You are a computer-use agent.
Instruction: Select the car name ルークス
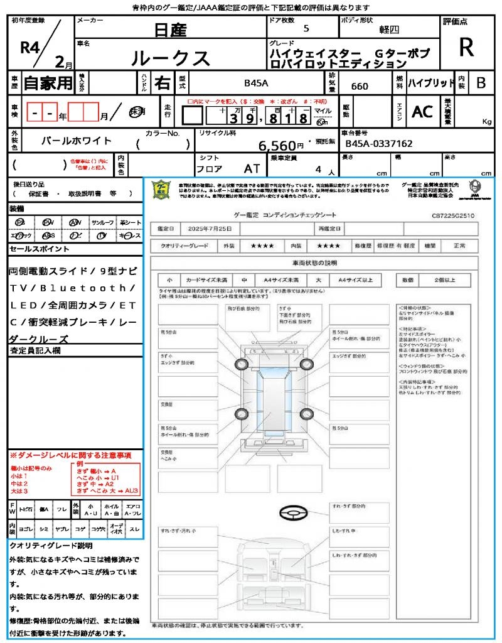[170, 58]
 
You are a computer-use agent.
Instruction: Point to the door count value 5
[306, 28]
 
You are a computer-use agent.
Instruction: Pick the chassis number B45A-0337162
[379, 144]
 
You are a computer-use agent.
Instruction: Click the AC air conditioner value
[422, 112]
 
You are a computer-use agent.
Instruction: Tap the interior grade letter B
[481, 83]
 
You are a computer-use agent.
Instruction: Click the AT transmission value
[252, 169]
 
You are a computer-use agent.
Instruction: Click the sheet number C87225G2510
[453, 215]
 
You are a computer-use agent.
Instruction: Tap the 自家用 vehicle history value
[48, 83]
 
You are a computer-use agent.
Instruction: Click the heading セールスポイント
[40, 249]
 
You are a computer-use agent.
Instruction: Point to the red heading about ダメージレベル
[70, 455]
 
